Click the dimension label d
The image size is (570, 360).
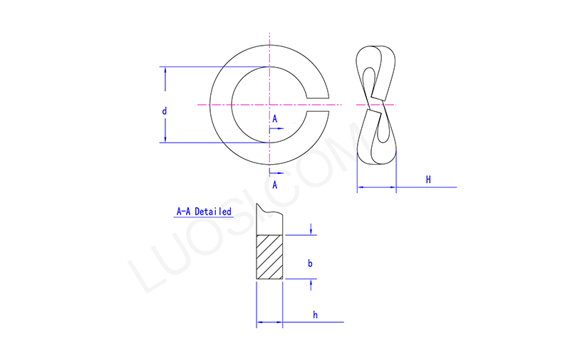pyautogui.click(x=164, y=111)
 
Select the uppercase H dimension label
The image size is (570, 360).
pyautogui.click(x=428, y=180)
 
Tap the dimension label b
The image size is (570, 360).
pyautogui.click(x=310, y=263)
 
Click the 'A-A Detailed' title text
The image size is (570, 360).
pyautogui.click(x=204, y=212)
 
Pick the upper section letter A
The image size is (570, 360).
pyautogui.click(x=274, y=119)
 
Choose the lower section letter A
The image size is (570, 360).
pyautogui.click(x=274, y=185)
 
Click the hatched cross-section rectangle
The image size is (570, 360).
pyautogui.click(x=269, y=257)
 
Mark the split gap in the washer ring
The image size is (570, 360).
pyautogui.click(x=318, y=105)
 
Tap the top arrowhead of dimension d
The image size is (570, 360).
pyautogui.click(x=165, y=72)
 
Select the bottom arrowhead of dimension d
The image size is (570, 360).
pyautogui.click(x=165, y=138)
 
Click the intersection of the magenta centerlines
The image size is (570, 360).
pyautogui.click(x=270, y=105)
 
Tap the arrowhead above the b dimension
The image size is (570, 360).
pyautogui.click(x=312, y=230)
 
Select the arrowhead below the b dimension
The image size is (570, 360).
pyautogui.click(x=312, y=284)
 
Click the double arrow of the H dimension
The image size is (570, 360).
pyautogui.click(x=376, y=187)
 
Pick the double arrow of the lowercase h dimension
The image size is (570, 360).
pyautogui.click(x=269, y=323)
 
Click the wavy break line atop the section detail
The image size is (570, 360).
pyautogui.click(x=271, y=212)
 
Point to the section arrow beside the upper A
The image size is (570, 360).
pyautogui.click(x=278, y=129)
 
